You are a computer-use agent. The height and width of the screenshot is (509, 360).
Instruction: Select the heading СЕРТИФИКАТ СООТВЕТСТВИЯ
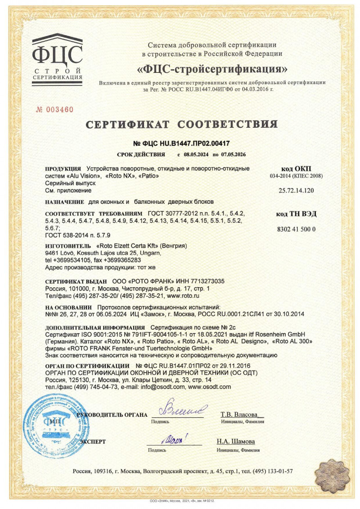point(181,124)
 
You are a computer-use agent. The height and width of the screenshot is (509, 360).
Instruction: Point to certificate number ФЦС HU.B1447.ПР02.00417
point(181,144)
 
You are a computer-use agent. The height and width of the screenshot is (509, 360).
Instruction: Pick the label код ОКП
point(296,168)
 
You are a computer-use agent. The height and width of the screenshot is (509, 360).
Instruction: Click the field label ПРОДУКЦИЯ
point(63,168)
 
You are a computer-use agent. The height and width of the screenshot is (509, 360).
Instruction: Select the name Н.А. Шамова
point(235,441)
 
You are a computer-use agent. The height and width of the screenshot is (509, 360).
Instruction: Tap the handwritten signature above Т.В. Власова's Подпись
point(183,409)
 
